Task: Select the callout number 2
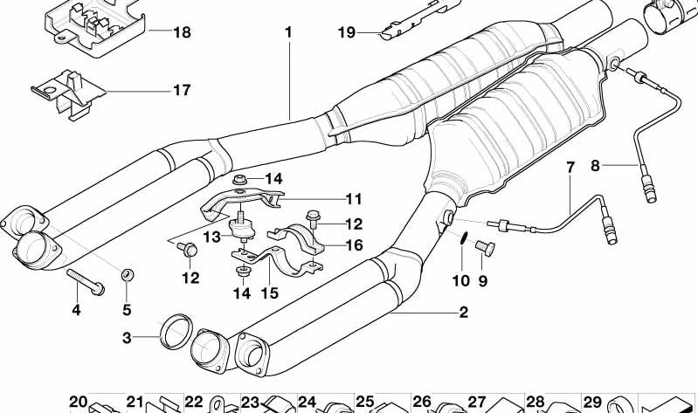click(x=463, y=312)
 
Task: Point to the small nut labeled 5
click(x=127, y=276)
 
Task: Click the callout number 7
click(x=570, y=166)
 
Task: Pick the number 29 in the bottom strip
click(x=591, y=403)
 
